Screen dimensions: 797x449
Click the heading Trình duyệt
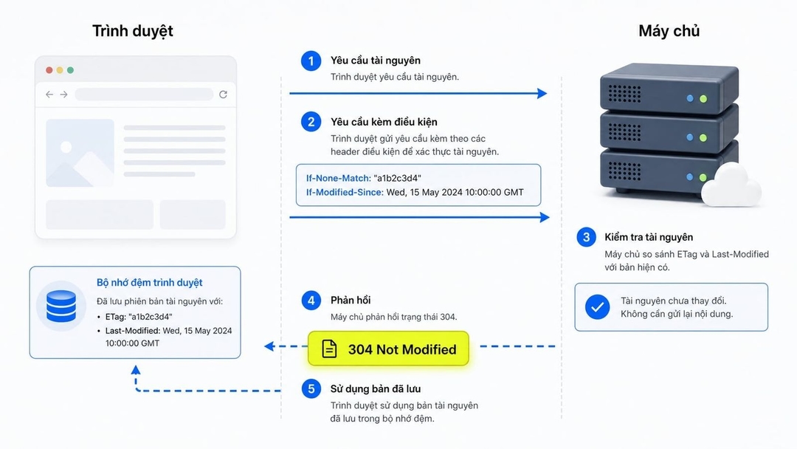click(x=133, y=31)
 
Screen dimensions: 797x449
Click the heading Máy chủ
click(x=669, y=31)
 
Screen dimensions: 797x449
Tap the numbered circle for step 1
click(x=311, y=61)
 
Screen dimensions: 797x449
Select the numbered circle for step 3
click(x=586, y=237)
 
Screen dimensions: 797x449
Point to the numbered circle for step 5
click(x=311, y=389)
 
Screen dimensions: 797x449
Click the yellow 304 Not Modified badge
click(x=388, y=349)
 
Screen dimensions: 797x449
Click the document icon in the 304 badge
click(x=329, y=349)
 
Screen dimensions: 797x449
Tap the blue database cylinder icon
click(x=61, y=306)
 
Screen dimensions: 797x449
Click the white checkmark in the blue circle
click(x=597, y=307)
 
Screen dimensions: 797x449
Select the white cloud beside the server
click(x=731, y=187)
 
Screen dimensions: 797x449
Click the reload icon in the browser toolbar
click(x=223, y=95)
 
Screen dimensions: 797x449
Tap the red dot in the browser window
click(x=49, y=70)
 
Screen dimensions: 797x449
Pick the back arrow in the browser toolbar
click(x=49, y=95)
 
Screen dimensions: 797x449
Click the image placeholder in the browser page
click(x=80, y=153)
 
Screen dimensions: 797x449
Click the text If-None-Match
click(x=339, y=178)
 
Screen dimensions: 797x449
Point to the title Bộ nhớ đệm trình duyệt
click(x=149, y=283)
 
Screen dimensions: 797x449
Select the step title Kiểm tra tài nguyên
click(x=649, y=238)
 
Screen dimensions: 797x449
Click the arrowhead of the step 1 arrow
click(x=542, y=94)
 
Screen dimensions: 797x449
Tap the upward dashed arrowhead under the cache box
click(x=136, y=370)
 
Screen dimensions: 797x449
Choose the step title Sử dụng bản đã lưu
click(x=376, y=389)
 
